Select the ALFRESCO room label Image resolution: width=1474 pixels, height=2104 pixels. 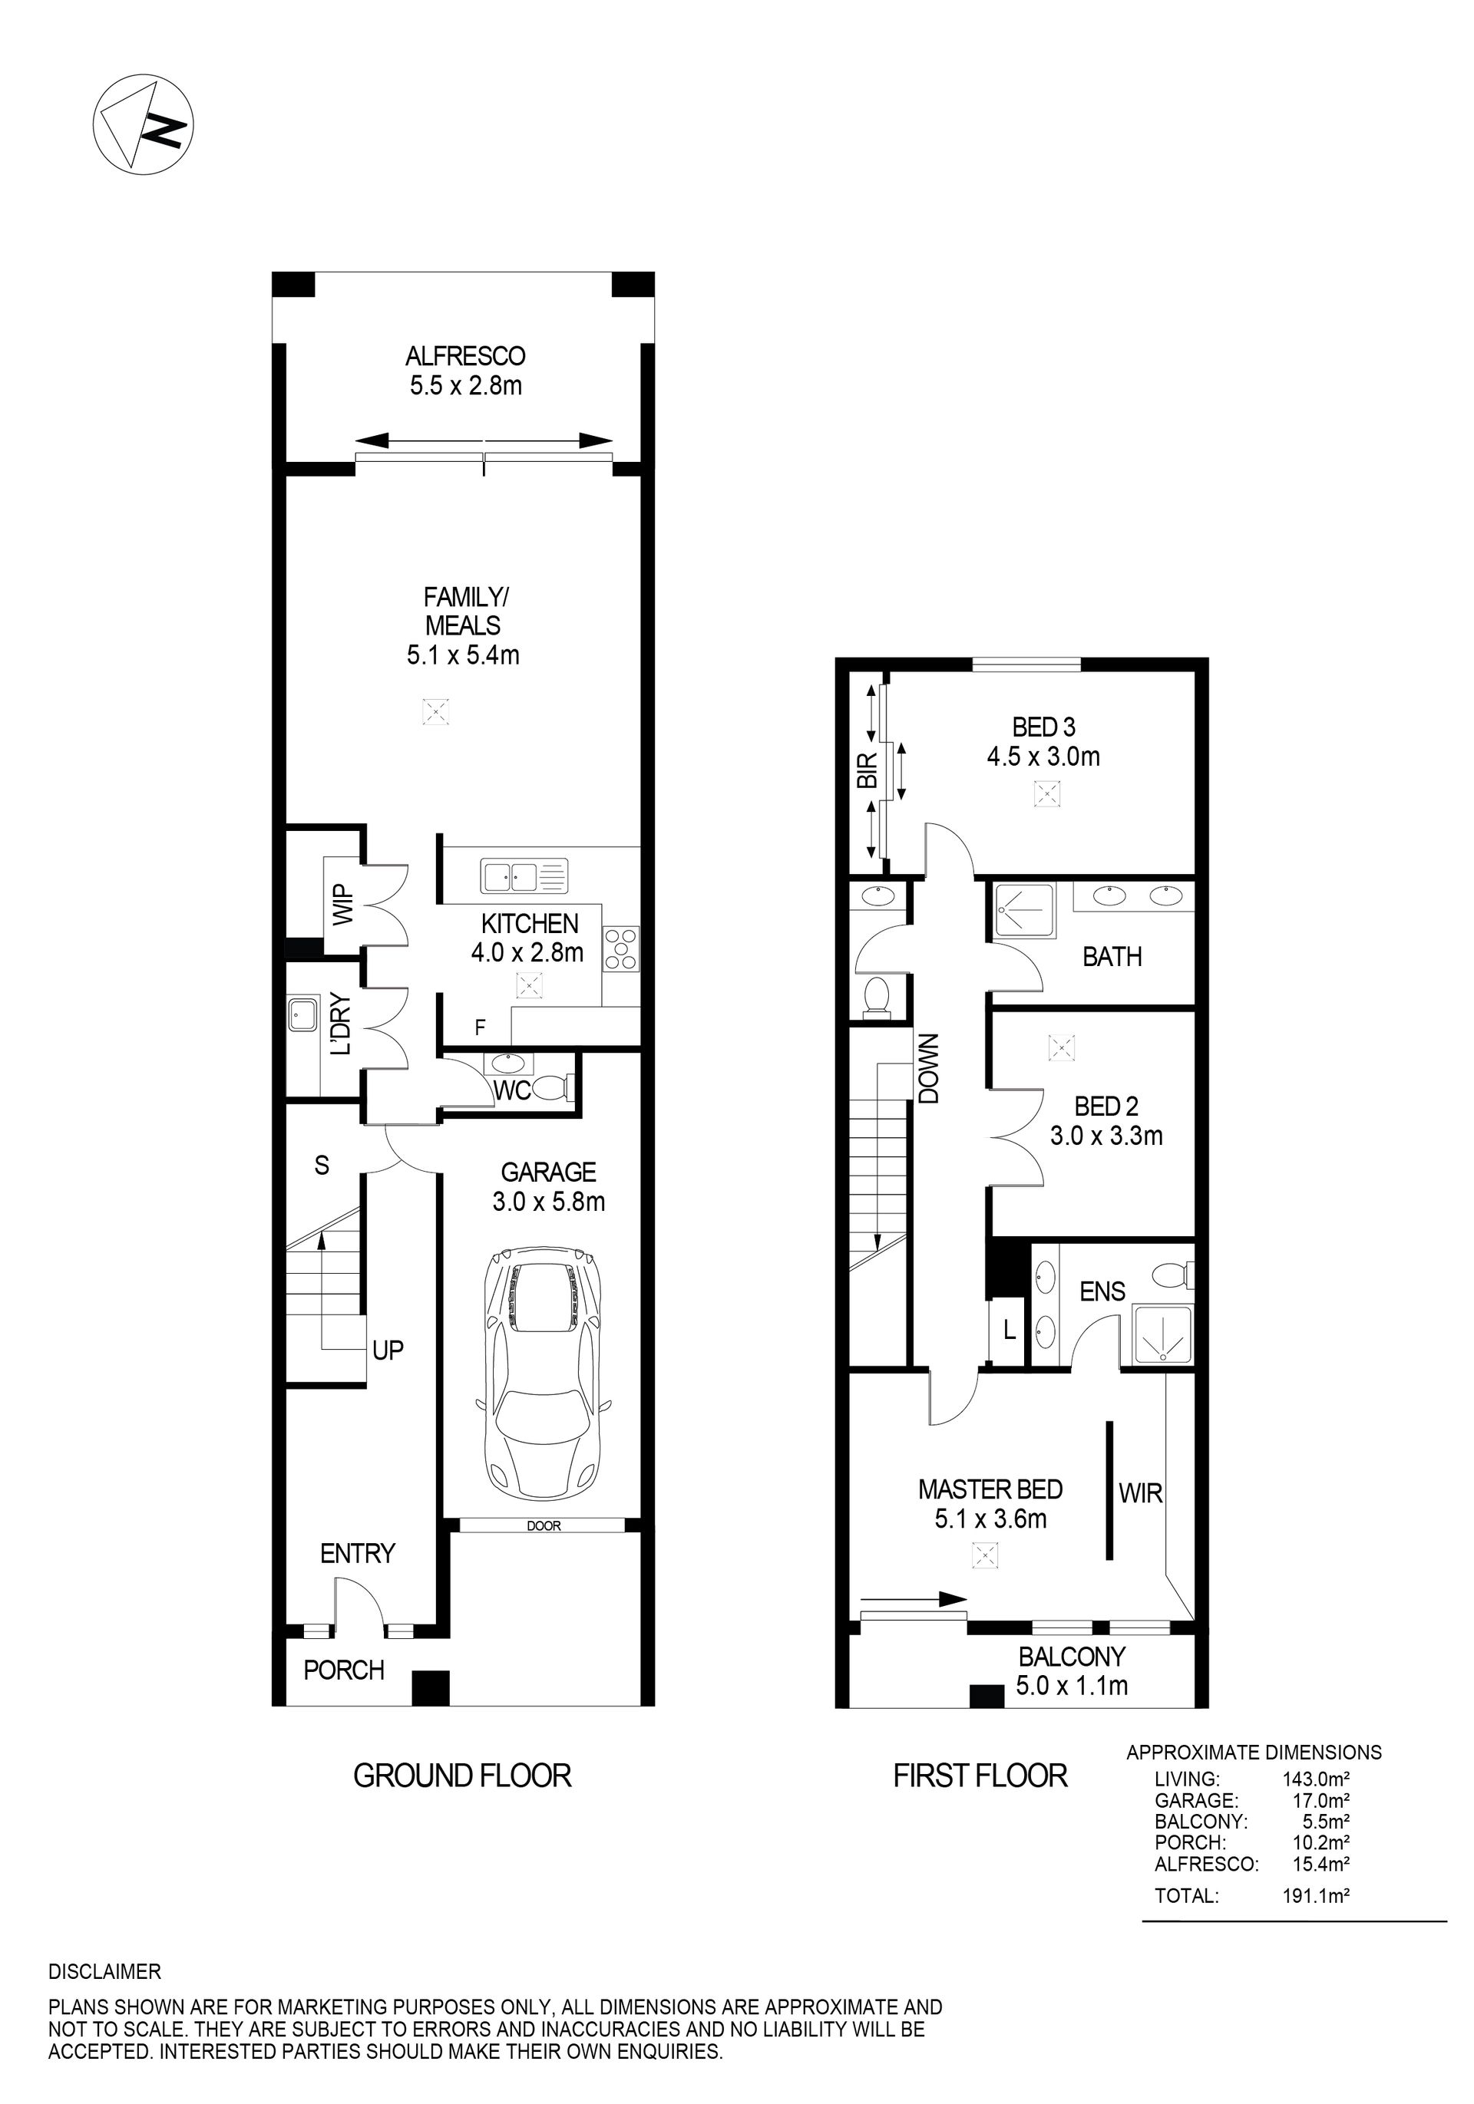466,355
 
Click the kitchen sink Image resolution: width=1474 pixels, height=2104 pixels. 524,876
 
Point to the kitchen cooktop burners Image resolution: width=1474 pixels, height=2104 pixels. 620,949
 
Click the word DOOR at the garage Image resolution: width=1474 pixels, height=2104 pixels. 544,1525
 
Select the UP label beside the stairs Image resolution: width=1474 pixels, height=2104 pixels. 388,1350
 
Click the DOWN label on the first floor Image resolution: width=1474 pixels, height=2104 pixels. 929,1068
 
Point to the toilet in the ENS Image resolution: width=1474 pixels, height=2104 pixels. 1172,1274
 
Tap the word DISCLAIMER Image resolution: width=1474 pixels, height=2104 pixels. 104,1971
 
